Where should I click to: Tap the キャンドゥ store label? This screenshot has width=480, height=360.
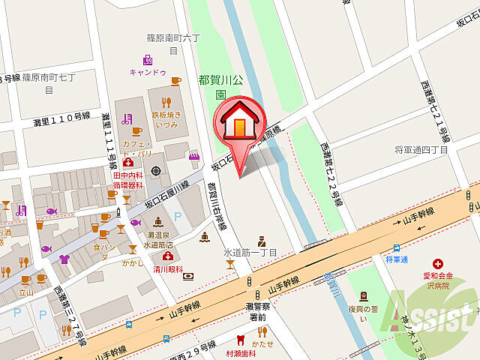point(147,73)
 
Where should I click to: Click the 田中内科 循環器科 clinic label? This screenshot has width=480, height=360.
point(128,180)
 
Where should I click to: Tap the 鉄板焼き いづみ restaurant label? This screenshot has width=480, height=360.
point(166,119)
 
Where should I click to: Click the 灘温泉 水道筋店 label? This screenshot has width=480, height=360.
point(159,238)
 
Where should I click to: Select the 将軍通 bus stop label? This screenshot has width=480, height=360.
point(396,259)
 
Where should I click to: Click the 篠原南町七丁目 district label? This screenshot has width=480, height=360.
point(49,82)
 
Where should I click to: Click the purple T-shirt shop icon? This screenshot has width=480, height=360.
point(64,259)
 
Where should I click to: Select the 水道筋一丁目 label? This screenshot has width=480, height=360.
point(251,253)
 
